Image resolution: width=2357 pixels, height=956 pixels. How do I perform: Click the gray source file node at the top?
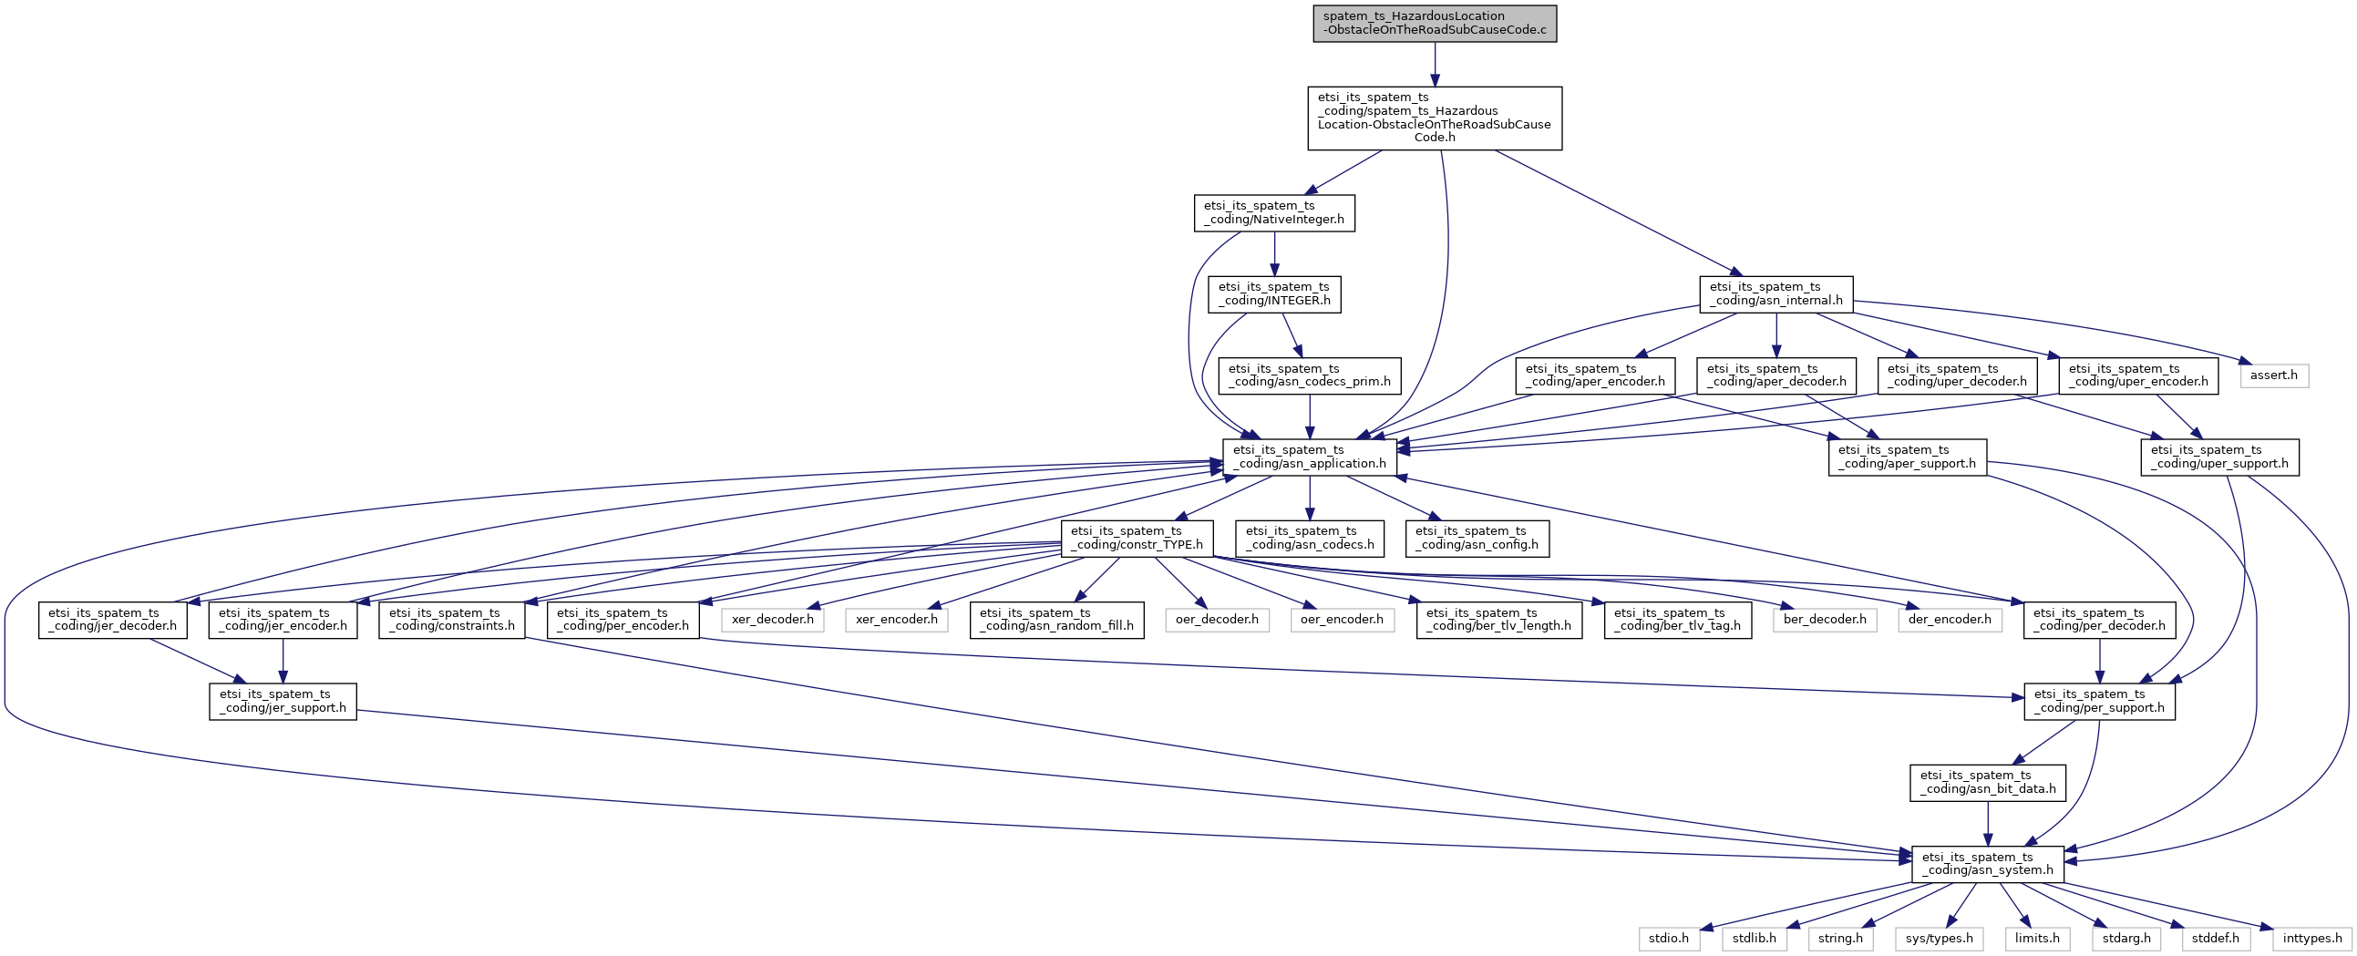click(1435, 23)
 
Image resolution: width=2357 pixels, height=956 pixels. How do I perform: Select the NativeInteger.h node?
click(1274, 212)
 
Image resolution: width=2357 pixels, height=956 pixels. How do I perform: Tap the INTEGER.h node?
click(1274, 293)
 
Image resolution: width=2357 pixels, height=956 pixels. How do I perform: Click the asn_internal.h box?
click(1776, 293)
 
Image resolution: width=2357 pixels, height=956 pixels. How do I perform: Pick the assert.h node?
click(2275, 375)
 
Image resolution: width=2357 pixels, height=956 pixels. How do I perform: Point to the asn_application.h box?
click(1311, 457)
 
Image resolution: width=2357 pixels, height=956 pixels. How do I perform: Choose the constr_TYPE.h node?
click(1137, 538)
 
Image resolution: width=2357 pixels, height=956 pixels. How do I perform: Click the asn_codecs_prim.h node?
click(1311, 375)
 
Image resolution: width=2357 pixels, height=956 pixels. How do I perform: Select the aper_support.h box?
click(1908, 457)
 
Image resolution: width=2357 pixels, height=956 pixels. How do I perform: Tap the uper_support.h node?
click(2219, 457)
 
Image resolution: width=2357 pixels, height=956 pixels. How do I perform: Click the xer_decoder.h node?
click(773, 620)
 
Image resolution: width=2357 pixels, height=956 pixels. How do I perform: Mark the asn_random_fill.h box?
click(1056, 620)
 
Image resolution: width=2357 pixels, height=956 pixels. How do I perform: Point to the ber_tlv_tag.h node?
click(1678, 620)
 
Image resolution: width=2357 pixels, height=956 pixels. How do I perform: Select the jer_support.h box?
click(283, 701)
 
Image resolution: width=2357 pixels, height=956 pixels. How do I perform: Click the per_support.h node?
click(2100, 701)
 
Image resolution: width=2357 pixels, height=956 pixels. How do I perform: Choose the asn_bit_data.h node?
click(1988, 782)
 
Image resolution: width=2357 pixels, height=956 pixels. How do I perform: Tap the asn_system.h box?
click(1988, 864)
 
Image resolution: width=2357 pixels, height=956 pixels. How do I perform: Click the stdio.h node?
click(1669, 939)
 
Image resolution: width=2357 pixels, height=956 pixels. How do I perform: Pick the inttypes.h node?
click(2313, 939)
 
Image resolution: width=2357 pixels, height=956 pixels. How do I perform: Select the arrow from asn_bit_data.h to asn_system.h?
click(1988, 823)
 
